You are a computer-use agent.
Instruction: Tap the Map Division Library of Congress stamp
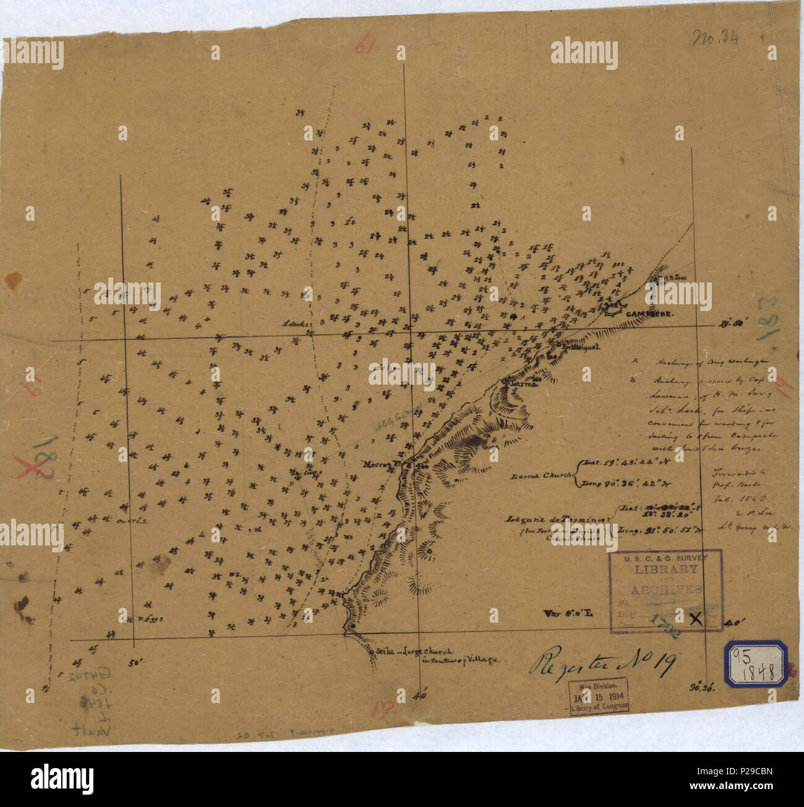point(599,696)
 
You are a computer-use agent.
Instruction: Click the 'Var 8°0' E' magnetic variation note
point(568,613)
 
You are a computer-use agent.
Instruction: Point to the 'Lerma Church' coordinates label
point(542,476)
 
